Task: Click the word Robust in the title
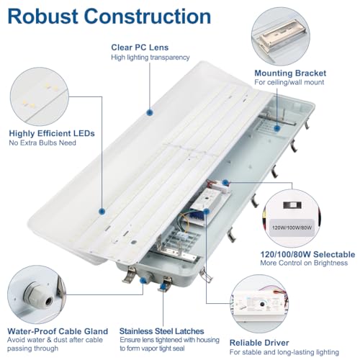click(x=42, y=17)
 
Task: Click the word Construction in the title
click(x=148, y=17)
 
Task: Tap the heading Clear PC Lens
click(x=140, y=48)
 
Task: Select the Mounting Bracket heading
click(x=290, y=73)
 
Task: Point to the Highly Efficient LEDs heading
click(x=52, y=133)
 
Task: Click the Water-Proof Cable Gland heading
click(x=58, y=331)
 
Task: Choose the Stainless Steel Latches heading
click(x=161, y=331)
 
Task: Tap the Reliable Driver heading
click(x=259, y=343)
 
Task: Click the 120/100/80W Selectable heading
click(x=307, y=254)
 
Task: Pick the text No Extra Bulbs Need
click(x=42, y=143)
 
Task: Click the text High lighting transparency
click(x=150, y=58)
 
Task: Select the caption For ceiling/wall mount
click(x=289, y=82)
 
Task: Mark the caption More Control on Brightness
click(x=304, y=263)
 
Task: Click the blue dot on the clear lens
click(x=150, y=112)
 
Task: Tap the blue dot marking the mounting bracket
click(x=277, y=128)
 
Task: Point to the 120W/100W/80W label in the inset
click(x=292, y=228)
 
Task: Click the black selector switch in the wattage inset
click(x=292, y=205)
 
